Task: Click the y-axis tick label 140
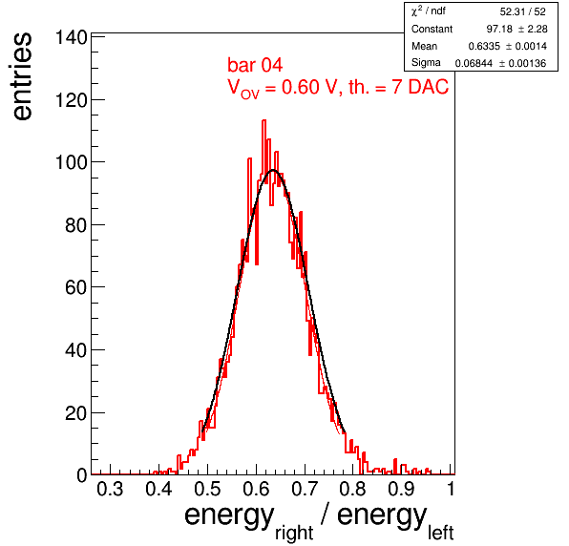pos(71,37)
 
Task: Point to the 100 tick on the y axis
pos(71,162)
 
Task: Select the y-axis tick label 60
pos(76,287)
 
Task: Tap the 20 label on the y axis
pos(76,413)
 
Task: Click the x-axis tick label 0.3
pos(110,489)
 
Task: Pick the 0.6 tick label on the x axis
pos(256,489)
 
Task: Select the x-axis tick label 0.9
pos(401,489)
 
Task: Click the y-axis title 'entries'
pos(22,76)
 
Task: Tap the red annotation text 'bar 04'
pos(255,65)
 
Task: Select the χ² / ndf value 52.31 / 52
pos(522,12)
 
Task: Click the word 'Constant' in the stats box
pos(432,29)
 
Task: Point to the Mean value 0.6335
pos(484,46)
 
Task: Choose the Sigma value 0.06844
pos(474,64)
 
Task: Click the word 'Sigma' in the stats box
pos(426,63)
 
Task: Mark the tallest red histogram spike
pos(263,121)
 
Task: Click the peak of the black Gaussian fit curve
pos(273,170)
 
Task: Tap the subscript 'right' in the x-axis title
pos(294,534)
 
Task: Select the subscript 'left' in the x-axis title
pos(440,533)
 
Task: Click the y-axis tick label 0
pos(82,475)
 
